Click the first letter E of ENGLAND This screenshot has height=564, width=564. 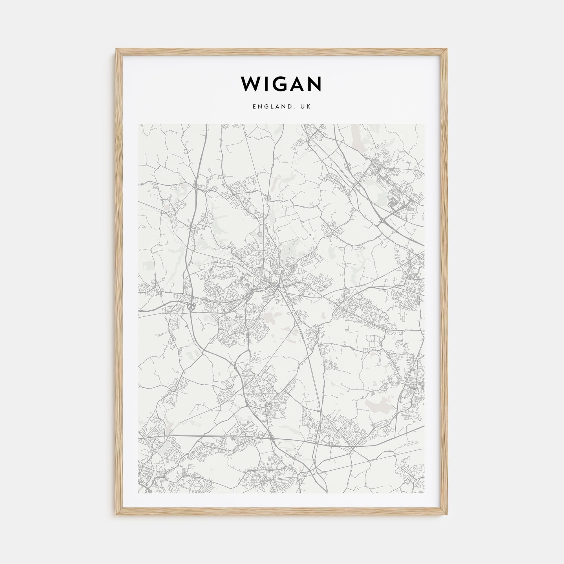pyautogui.click(x=255, y=107)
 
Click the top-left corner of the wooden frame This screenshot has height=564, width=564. pyautogui.click(x=116, y=49)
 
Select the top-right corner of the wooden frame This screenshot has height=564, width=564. pyautogui.click(x=448, y=49)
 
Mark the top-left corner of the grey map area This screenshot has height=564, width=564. pyautogui.click(x=139, y=124)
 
